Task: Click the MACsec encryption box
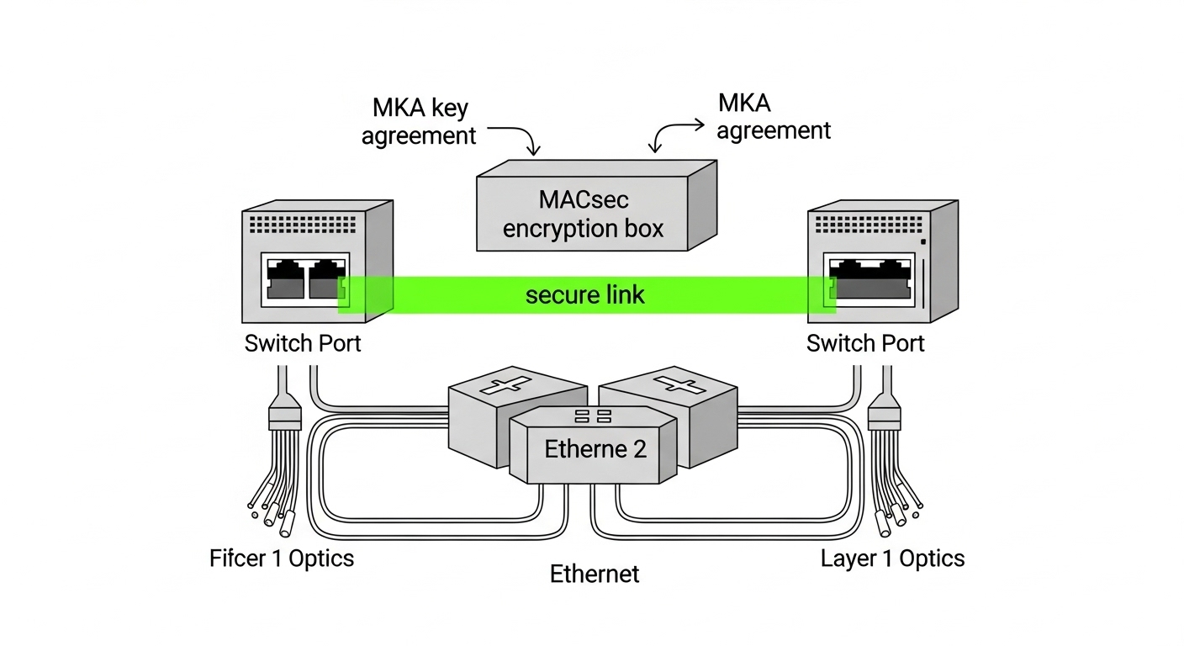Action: (x=583, y=214)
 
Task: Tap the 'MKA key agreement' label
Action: (x=419, y=122)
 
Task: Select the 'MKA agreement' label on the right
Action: (x=773, y=117)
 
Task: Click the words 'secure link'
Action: (x=584, y=294)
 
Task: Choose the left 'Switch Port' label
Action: (x=302, y=343)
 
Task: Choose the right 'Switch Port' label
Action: (x=864, y=343)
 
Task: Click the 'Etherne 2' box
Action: (x=595, y=449)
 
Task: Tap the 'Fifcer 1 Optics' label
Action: (x=281, y=558)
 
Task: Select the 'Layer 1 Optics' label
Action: (x=892, y=558)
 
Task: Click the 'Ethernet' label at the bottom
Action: (x=594, y=574)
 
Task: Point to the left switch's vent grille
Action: (x=303, y=223)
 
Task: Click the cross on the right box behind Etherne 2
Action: (x=677, y=384)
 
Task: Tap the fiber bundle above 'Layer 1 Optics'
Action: (x=893, y=484)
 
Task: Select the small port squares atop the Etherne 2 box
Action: (x=593, y=416)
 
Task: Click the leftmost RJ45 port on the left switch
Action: (x=285, y=278)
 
